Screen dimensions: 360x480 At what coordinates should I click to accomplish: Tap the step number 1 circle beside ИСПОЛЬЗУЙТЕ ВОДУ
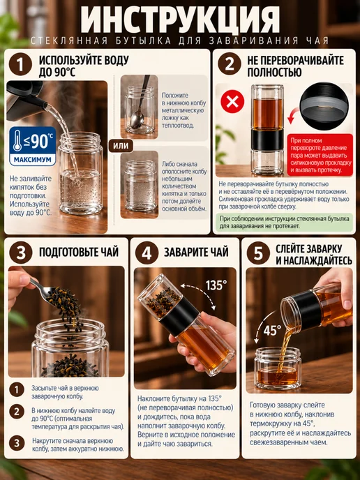pos(20,64)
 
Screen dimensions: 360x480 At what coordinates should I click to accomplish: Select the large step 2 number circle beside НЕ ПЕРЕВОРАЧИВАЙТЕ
pos(230,64)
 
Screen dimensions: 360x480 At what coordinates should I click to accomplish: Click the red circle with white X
pos(232,102)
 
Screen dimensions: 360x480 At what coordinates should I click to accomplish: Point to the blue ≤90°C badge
pos(33,146)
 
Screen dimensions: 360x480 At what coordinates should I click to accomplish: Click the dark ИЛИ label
pos(121,146)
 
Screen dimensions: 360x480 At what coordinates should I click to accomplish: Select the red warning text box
pos(320,155)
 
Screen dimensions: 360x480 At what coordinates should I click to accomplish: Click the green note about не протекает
pos(285,223)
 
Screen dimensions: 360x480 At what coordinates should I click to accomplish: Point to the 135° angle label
pos(216,285)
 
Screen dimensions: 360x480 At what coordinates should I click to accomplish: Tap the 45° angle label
pos(272,330)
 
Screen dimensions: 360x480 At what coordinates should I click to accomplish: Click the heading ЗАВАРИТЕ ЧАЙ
pos(196,252)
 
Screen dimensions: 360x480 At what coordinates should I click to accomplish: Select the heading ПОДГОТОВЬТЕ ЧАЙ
pos(79,252)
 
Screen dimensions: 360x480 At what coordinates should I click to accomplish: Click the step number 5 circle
pos(258,253)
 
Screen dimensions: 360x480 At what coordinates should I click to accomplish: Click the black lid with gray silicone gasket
pos(324,106)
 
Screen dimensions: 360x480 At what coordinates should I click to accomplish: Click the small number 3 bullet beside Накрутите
pos(17,443)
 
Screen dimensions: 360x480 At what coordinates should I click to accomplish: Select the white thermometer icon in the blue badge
pos(17,140)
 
